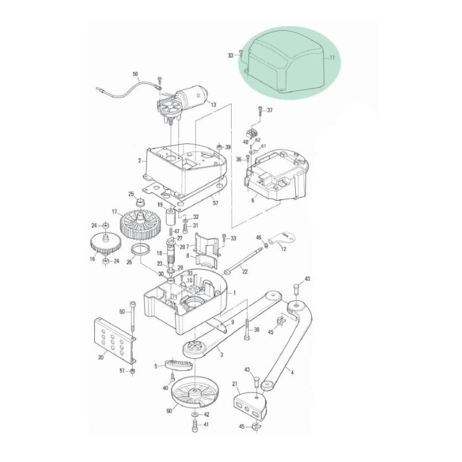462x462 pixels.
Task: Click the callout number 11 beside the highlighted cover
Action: pos(332,58)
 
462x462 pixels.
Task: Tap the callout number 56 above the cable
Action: pos(135,74)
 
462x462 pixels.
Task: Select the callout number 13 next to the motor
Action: pos(214,105)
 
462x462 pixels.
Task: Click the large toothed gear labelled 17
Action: pos(141,225)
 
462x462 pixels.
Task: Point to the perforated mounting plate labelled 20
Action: pos(115,340)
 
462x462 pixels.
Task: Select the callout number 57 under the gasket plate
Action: pos(216,203)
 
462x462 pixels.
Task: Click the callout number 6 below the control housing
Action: pos(253,200)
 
